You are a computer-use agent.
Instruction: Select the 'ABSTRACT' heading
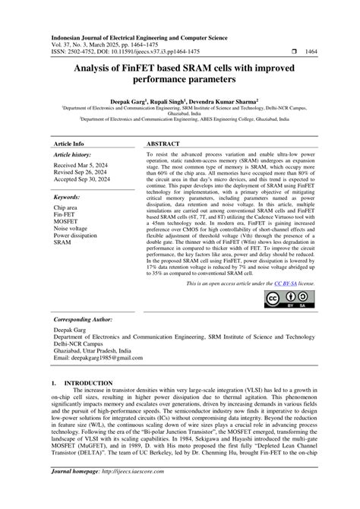tap(164, 142)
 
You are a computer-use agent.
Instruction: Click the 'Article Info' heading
tap(69, 142)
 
